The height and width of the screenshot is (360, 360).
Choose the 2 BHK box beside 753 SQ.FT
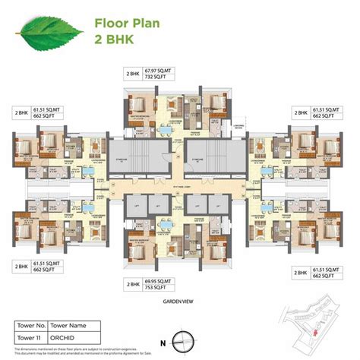(134, 284)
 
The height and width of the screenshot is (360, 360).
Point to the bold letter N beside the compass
(174, 334)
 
